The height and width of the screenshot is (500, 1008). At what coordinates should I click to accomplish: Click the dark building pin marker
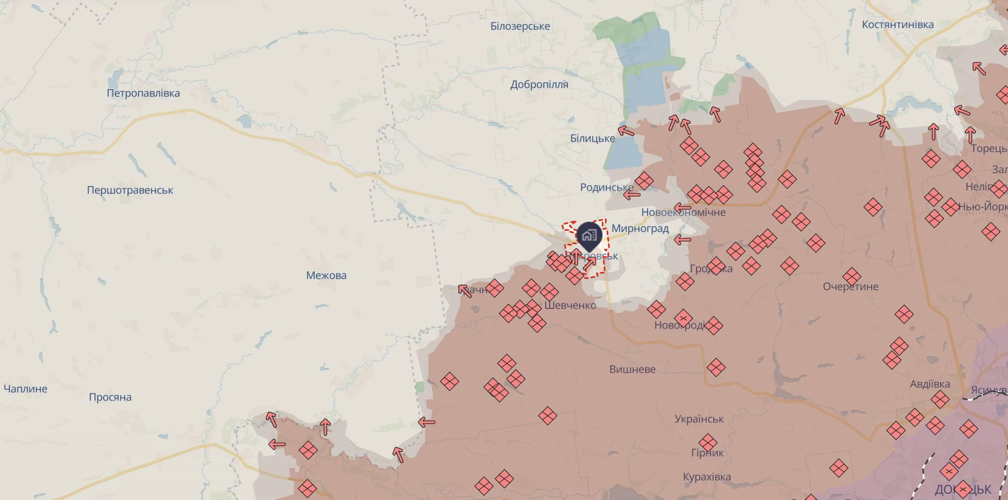click(x=589, y=235)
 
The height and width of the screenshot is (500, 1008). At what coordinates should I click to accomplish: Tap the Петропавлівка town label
click(x=143, y=93)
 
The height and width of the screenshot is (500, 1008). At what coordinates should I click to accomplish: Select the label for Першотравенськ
click(x=130, y=190)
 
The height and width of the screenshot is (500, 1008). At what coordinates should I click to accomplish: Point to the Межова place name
click(x=326, y=275)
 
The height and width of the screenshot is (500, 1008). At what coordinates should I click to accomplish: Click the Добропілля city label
click(x=539, y=85)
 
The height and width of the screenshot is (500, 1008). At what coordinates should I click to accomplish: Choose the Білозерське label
click(x=520, y=26)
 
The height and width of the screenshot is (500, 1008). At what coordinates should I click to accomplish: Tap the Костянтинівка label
click(x=898, y=25)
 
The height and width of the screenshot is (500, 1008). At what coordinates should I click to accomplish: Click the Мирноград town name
click(x=640, y=228)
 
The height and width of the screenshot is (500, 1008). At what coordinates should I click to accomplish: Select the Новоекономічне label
click(x=683, y=212)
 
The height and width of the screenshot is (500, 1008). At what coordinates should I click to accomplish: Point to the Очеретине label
click(x=851, y=286)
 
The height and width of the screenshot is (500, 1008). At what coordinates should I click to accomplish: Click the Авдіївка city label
click(x=930, y=384)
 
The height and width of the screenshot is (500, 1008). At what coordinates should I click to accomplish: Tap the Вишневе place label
click(x=632, y=369)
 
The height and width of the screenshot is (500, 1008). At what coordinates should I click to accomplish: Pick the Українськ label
click(x=699, y=419)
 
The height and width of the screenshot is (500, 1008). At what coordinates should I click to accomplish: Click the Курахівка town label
click(x=707, y=477)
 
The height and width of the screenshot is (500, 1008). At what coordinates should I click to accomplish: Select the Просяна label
click(x=110, y=397)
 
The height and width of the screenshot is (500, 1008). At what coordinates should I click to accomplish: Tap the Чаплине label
click(x=25, y=389)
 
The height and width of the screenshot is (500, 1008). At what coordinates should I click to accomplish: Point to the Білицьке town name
click(x=592, y=139)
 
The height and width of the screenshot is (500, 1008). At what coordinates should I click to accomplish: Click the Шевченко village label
click(x=570, y=305)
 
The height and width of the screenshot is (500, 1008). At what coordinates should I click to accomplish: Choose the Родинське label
click(x=607, y=187)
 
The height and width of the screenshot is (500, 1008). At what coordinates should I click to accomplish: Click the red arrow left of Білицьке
click(x=626, y=131)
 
